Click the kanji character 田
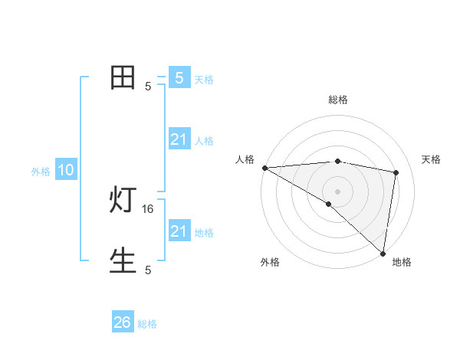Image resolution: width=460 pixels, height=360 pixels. [123, 78]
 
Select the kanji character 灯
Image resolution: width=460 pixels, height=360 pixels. [123, 201]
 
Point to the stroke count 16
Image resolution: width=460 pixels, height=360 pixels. [148, 208]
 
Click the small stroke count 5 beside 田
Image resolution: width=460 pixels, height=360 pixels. [148, 87]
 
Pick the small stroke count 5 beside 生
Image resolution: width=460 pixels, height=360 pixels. [148, 270]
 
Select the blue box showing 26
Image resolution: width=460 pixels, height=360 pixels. [123, 322]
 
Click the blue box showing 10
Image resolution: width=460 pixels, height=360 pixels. [66, 171]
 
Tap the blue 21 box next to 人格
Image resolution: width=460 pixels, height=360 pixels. [179, 139]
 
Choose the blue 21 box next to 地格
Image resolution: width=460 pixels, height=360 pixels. [179, 231]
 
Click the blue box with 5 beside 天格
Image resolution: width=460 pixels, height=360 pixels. [179, 78]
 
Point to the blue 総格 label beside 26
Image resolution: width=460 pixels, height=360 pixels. [147, 324]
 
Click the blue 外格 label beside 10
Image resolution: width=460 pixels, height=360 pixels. [41, 172]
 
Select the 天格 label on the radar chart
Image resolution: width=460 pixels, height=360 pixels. [431, 159]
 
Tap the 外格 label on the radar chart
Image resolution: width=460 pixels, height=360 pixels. [270, 262]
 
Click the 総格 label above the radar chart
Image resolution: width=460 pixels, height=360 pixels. [337, 100]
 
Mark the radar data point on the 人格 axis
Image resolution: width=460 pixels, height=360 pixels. [264, 168]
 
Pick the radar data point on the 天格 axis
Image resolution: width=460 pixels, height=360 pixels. [396, 172]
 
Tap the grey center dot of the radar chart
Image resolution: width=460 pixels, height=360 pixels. [337, 191]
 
